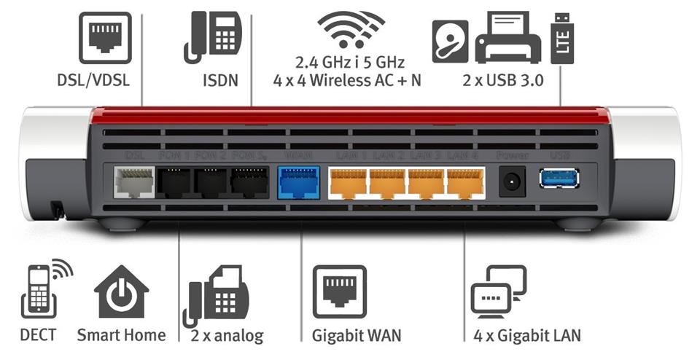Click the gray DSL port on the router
(x=134, y=181)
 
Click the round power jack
(x=512, y=181)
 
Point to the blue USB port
(x=559, y=179)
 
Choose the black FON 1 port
(x=176, y=181)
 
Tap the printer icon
(x=507, y=38)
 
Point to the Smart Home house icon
(x=121, y=292)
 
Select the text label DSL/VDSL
(x=93, y=80)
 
